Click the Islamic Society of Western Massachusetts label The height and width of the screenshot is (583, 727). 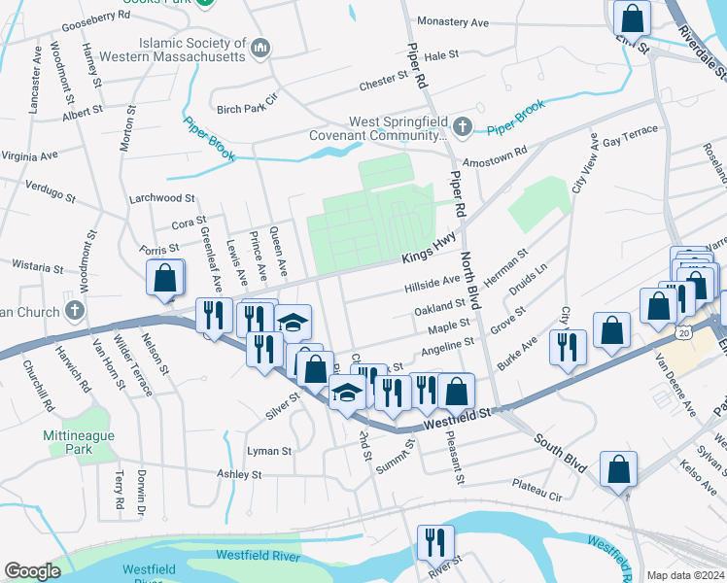(192, 51)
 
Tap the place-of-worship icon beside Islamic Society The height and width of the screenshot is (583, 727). (260, 48)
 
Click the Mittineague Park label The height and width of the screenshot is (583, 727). (80, 443)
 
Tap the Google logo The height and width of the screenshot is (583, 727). (32, 571)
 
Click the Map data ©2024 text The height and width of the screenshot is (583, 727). (685, 575)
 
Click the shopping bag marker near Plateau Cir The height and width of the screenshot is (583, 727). (619, 470)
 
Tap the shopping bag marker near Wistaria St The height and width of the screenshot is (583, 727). (165, 277)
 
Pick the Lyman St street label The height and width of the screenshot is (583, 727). (269, 451)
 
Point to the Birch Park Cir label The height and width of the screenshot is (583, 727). (247, 98)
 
